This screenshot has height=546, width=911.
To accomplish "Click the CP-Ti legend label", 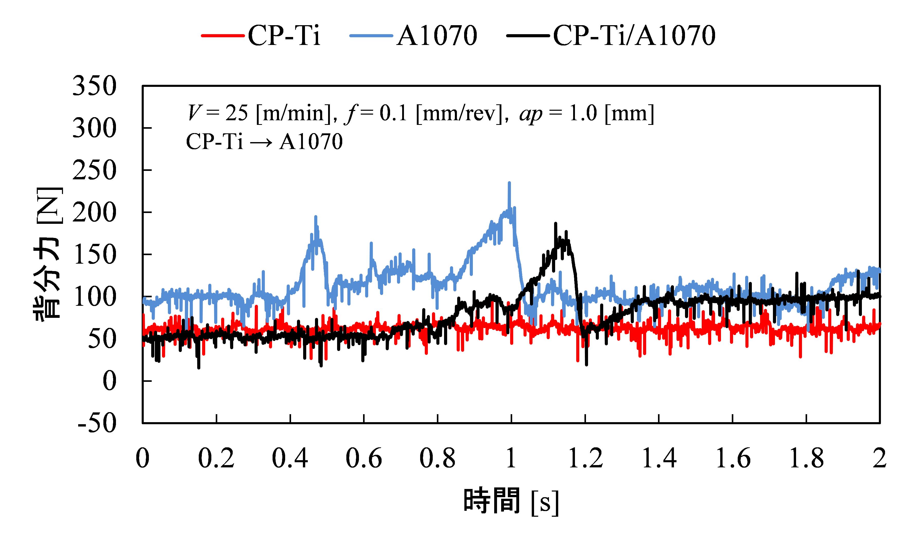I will pyautogui.click(x=284, y=36).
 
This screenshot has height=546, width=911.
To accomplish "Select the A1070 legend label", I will pyautogui.click(x=437, y=36).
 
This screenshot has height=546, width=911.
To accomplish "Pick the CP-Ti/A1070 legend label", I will pyautogui.click(x=634, y=36).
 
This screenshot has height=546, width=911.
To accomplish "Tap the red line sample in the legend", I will pyautogui.click(x=223, y=36).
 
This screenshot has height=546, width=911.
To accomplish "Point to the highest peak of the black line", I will pyautogui.click(x=555, y=223).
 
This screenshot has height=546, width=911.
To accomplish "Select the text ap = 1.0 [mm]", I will pyautogui.click(x=587, y=113).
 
